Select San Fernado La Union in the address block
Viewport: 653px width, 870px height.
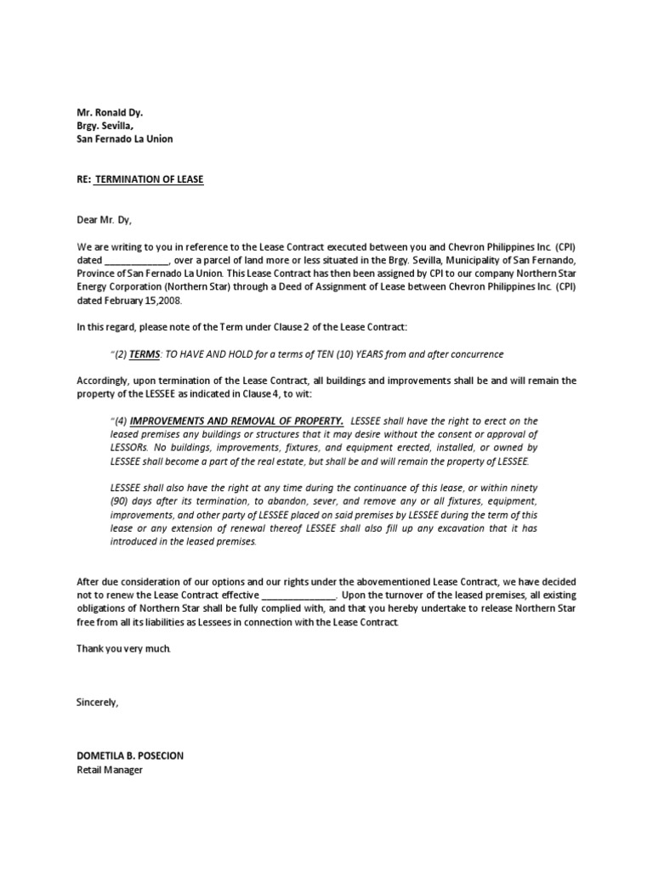(124, 138)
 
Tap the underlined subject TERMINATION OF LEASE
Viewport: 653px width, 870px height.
(149, 179)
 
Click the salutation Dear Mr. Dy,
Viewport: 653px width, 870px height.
(105, 219)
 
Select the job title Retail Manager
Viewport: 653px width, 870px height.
(110, 771)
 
